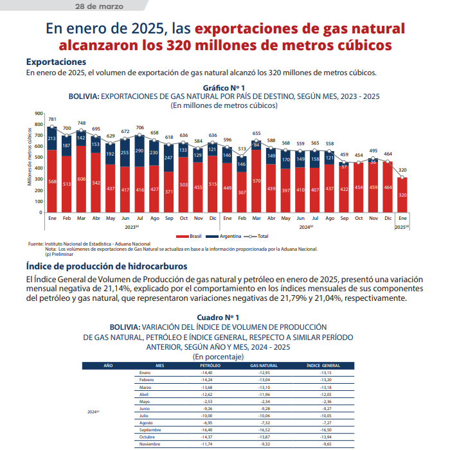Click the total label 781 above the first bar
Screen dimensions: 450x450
(52, 120)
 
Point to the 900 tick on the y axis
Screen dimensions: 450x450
(39, 114)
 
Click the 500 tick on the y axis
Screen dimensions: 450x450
(39, 157)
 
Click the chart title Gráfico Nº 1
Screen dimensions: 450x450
(223, 87)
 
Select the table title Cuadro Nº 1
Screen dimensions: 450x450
(218, 318)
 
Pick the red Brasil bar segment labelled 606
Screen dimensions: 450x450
(82, 179)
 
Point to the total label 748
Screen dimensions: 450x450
(82, 123)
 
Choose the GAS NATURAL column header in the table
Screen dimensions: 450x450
(264, 365)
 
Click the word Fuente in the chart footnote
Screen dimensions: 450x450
(36, 244)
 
